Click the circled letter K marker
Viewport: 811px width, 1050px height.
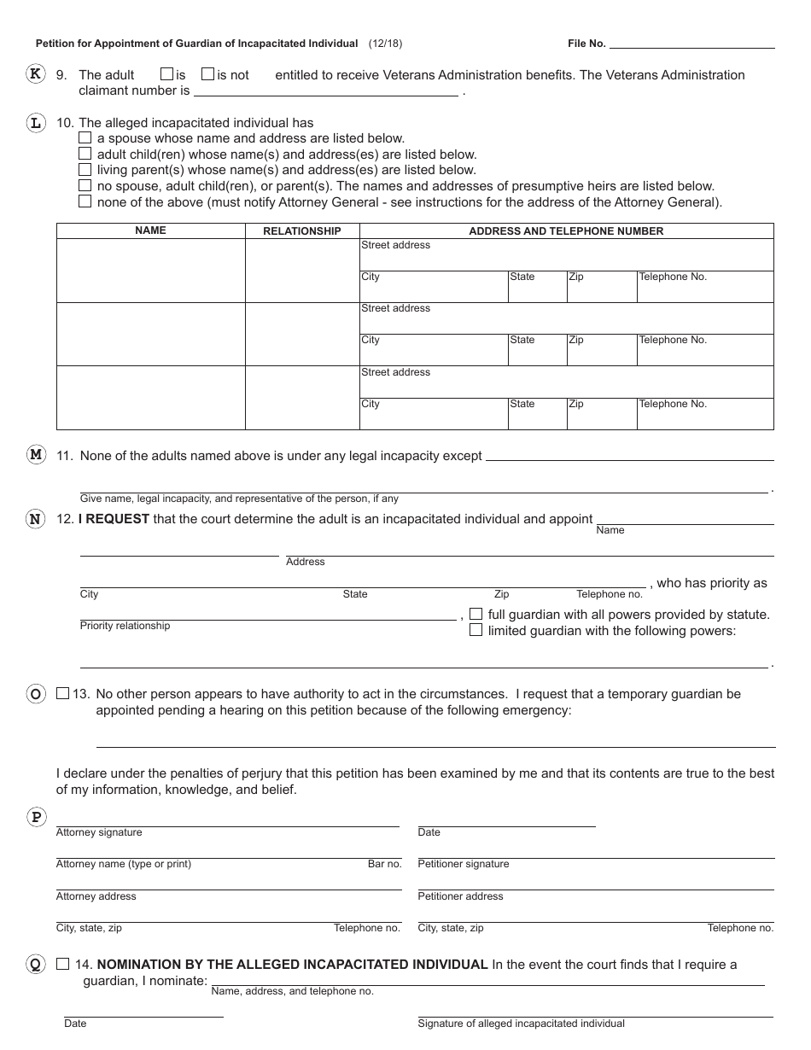point(35,74)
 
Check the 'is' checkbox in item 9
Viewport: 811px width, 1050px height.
point(167,74)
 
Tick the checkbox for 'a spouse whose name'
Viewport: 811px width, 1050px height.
point(85,137)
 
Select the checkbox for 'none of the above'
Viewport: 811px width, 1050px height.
point(85,201)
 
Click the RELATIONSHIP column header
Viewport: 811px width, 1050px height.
point(301,231)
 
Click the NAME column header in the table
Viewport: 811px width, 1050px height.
point(150,230)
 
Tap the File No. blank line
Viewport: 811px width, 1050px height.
point(691,43)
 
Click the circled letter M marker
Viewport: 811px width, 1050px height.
point(35,455)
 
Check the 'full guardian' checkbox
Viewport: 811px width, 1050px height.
point(476,614)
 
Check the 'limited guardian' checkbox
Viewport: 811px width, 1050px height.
point(476,630)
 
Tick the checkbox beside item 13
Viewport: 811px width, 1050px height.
point(62,694)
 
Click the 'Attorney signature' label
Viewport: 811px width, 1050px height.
point(99,832)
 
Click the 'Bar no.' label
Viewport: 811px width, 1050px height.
point(384,864)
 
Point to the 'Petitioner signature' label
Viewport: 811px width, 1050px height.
point(463,864)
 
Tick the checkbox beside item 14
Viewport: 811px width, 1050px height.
point(62,964)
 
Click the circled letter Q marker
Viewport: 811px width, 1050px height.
point(35,965)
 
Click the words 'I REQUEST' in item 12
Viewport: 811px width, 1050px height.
point(114,519)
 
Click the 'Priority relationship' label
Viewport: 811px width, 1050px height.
point(125,626)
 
